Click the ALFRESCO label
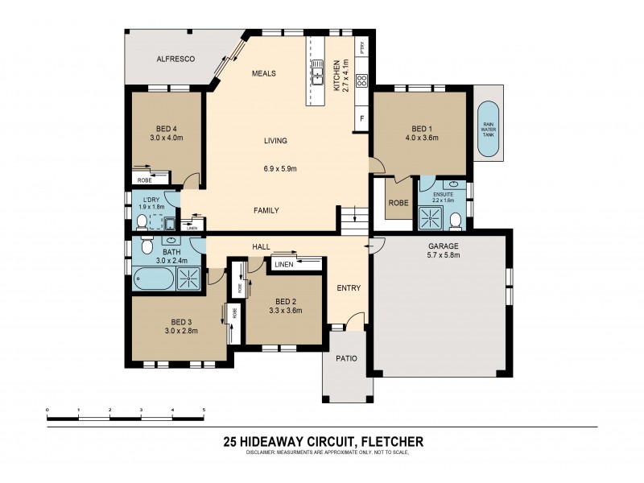(x=172, y=60)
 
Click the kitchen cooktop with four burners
(x=361, y=80)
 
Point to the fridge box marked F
(x=362, y=119)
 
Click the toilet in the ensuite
(x=455, y=220)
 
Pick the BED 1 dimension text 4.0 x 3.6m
(x=421, y=137)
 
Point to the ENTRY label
(x=349, y=288)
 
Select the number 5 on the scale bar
(x=204, y=410)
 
